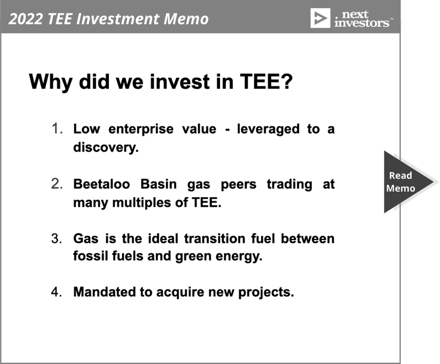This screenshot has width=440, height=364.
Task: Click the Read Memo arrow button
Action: point(404,182)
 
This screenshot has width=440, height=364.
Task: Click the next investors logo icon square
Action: point(320,18)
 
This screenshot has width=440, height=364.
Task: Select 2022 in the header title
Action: point(26,19)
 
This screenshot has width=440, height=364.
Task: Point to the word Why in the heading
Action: point(51,82)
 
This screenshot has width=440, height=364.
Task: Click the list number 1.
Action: point(57,129)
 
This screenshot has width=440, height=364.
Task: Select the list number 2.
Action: point(57,184)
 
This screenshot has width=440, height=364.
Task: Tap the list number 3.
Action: point(57,238)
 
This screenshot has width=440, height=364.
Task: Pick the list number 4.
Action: point(57,292)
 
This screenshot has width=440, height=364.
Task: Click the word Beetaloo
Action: point(102,184)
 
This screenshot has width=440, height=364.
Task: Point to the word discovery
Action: point(106,148)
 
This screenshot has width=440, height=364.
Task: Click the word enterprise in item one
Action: point(141,129)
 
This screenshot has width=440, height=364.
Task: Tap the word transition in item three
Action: point(215,239)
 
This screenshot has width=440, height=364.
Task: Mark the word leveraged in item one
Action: point(268,129)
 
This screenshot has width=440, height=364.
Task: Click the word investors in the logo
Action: point(362,23)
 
